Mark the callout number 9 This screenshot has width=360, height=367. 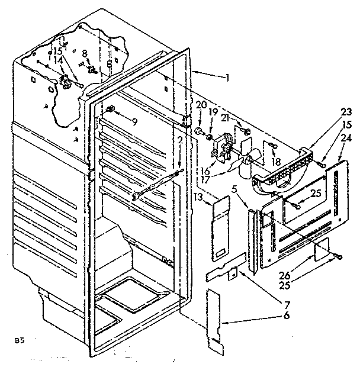[134, 123]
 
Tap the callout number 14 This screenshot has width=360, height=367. [58, 60]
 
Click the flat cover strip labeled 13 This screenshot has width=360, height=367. [220, 228]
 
